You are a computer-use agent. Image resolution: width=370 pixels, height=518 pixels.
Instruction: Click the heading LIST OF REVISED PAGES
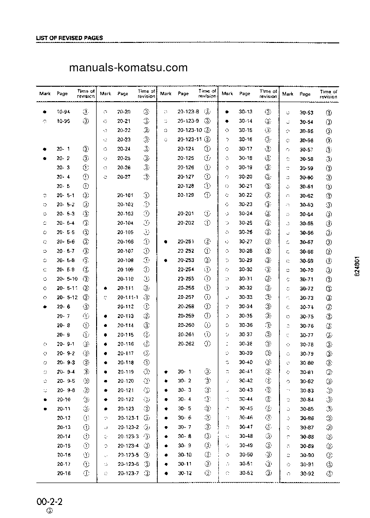click(x=70, y=38)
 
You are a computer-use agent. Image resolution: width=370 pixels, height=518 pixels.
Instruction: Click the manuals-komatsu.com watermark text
click(x=128, y=68)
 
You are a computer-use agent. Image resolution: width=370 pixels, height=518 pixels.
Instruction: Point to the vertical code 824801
click(x=357, y=267)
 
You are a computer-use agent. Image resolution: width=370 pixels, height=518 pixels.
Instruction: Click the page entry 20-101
click(x=125, y=195)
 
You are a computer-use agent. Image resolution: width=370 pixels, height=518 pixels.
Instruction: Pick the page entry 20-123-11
click(x=189, y=139)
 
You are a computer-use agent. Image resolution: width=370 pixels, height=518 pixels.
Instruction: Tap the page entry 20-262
click(x=186, y=344)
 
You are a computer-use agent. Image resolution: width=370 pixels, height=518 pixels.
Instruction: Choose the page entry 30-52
click(x=246, y=473)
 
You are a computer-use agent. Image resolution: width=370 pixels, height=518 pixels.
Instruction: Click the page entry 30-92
click(x=307, y=474)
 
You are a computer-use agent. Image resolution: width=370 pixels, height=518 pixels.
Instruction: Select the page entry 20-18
click(x=64, y=473)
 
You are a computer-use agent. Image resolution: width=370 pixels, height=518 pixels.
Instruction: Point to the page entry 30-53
click(x=307, y=113)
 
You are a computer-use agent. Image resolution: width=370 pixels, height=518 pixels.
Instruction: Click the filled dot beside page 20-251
click(x=166, y=242)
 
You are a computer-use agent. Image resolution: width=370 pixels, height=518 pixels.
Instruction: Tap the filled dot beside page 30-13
click(x=227, y=112)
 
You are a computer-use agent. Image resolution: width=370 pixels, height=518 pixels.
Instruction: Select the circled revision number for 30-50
click(x=268, y=455)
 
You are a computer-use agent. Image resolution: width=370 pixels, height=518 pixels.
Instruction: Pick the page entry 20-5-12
click(x=66, y=297)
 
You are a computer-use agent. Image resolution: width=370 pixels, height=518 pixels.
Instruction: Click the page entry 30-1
click(x=185, y=372)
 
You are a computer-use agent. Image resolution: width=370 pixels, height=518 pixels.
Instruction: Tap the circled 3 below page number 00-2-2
click(x=49, y=511)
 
